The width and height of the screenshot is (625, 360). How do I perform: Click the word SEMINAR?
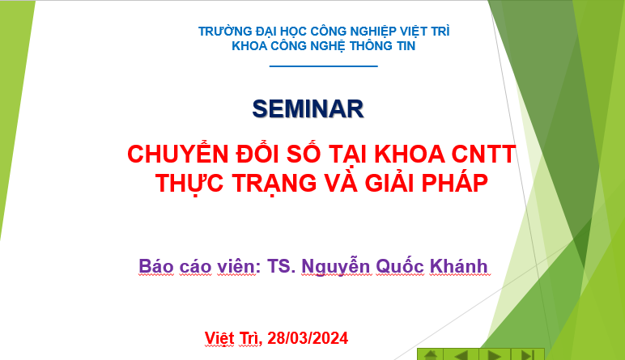[308, 108]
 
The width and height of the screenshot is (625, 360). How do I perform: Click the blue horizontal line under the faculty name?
[323, 66]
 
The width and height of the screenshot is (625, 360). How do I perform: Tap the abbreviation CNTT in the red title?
[483, 155]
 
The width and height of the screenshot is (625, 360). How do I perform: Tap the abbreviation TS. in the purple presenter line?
[281, 266]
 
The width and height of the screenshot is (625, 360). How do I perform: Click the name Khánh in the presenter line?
[458, 265]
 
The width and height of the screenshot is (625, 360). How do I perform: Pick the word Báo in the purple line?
[156, 265]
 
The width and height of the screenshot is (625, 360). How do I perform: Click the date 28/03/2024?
[308, 338]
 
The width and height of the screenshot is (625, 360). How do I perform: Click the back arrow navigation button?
[461, 354]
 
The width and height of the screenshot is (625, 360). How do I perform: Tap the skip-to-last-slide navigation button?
[527, 354]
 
